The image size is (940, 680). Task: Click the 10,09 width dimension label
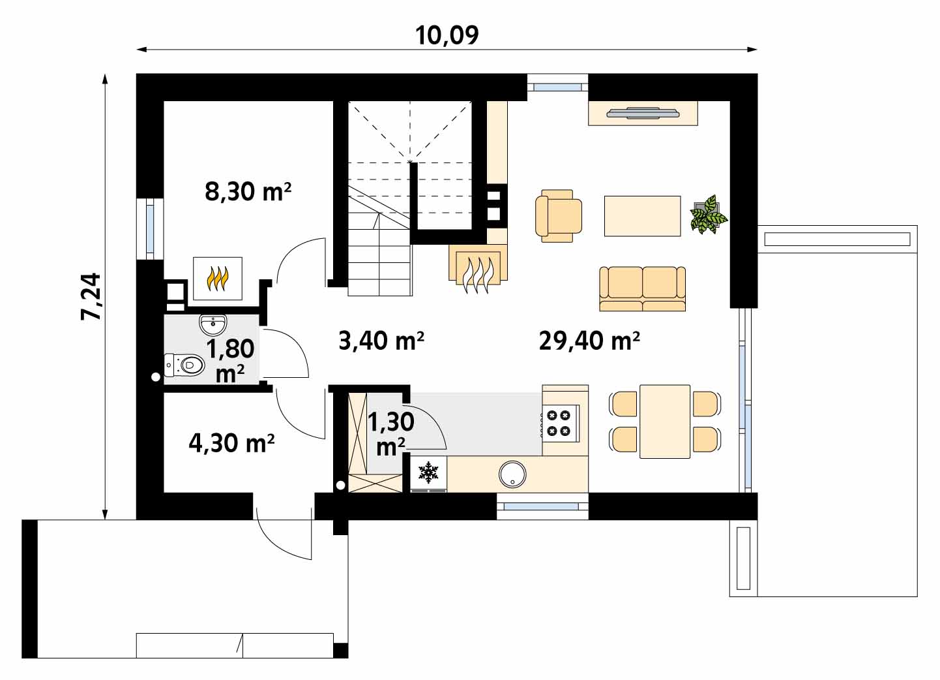[x=447, y=35]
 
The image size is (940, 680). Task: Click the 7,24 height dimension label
[x=91, y=297]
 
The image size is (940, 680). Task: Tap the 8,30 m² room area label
[x=248, y=191]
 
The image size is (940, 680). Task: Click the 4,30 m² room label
[x=231, y=443]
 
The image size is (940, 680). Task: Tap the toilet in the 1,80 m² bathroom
[x=184, y=365]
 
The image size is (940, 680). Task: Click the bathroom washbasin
[x=213, y=324]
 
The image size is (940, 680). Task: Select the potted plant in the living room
[x=709, y=215]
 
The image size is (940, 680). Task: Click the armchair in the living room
[x=558, y=216]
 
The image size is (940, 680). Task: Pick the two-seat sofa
[x=642, y=288]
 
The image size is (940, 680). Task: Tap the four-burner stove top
[x=559, y=423]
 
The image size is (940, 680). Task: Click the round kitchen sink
[x=512, y=474]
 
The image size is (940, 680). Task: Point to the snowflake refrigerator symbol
[x=428, y=472]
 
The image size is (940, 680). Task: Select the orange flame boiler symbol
[x=217, y=278]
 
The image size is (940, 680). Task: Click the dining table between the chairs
[x=665, y=422]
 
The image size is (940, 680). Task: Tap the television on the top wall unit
[x=643, y=113]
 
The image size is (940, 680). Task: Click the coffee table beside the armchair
[x=642, y=216]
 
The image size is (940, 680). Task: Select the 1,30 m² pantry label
[x=390, y=434]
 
